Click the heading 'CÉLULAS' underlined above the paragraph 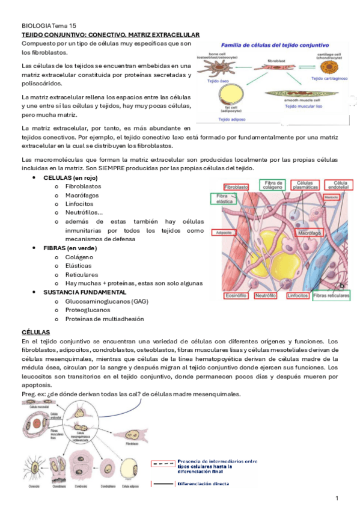[35, 332]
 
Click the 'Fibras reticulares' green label [331, 296]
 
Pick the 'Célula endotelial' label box [340, 185]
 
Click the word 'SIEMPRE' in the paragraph [159, 168]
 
